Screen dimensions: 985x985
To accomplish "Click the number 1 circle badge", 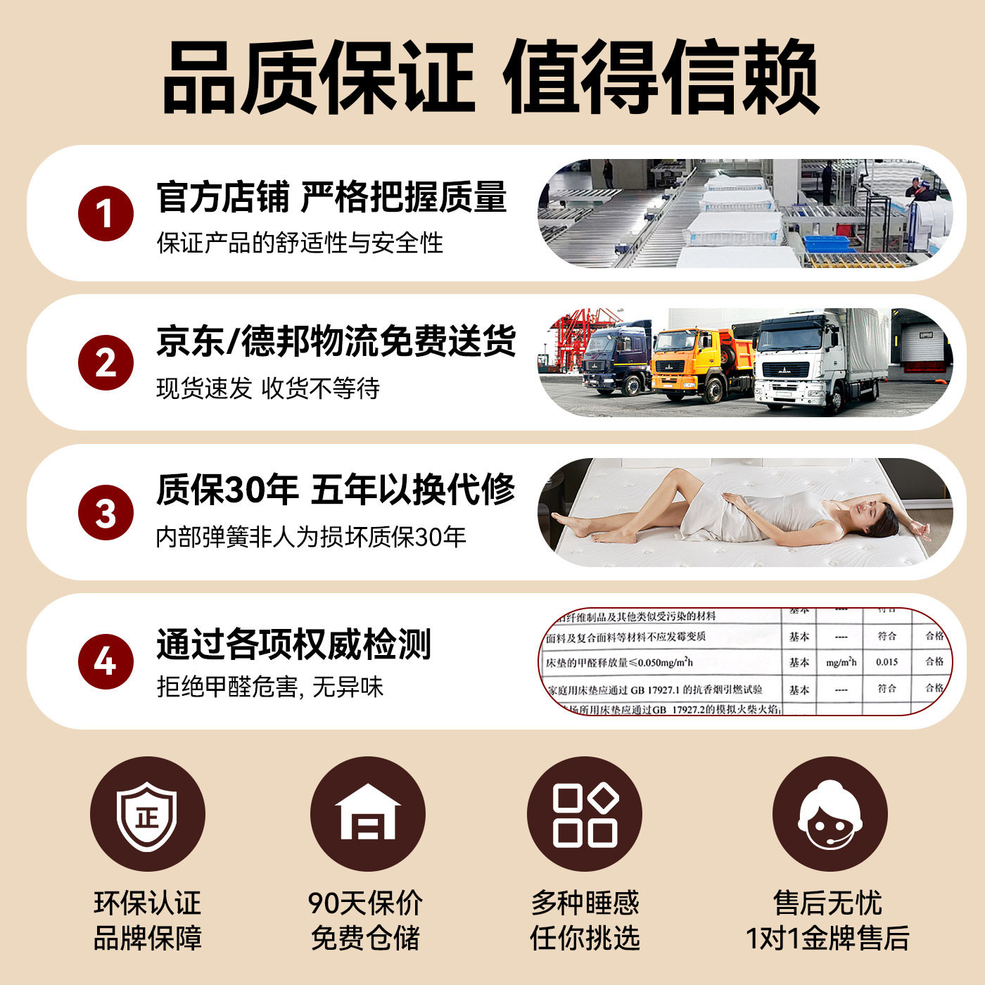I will point(106,213).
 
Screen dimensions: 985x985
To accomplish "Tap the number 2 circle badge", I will point(106,362).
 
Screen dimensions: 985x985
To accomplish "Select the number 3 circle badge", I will point(106,512).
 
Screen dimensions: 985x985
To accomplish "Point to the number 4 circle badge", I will point(106,661).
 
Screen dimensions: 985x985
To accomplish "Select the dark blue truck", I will point(618,359).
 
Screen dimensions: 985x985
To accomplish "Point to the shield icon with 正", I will point(147,815).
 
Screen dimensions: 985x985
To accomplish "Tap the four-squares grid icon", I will point(585,815).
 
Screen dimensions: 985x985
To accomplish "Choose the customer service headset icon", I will point(830,815).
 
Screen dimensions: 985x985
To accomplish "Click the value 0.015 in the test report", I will point(887,662).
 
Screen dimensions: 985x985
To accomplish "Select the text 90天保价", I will point(365,903).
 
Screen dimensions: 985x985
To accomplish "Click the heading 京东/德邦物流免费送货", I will point(336,341).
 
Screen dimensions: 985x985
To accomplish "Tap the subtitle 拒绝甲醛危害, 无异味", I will point(270,687).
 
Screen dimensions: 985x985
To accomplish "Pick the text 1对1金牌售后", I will point(827,939).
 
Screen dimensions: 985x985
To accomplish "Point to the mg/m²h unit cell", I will point(841,662).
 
